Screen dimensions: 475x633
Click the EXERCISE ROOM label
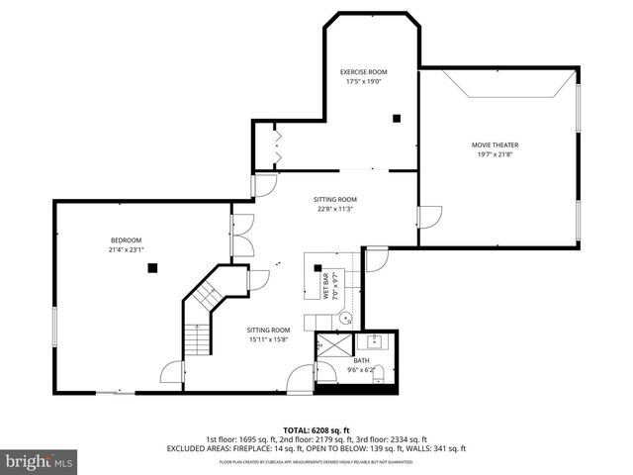364,72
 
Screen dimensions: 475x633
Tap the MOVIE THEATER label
495,145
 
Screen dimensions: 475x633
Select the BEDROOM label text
126,240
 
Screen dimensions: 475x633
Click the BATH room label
375,360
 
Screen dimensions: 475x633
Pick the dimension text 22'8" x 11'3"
335,209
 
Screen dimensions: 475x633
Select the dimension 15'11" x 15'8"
268,339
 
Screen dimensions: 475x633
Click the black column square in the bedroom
151,267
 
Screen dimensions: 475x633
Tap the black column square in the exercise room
397,119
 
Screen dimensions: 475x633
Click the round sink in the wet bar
346,319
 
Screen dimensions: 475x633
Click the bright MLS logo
40,461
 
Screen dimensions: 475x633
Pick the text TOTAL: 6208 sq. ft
316,429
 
